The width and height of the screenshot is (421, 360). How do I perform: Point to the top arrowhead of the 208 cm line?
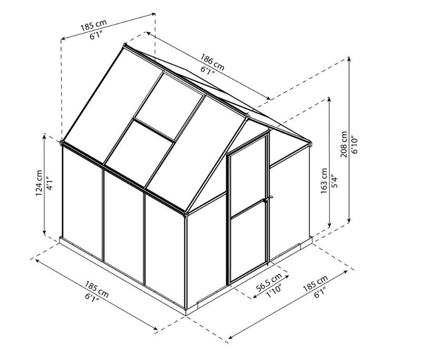350,59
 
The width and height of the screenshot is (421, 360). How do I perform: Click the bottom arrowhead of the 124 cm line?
45,235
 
